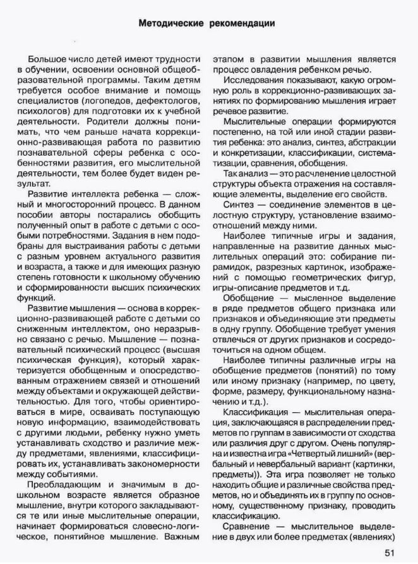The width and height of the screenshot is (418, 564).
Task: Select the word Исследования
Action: (x=251, y=80)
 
